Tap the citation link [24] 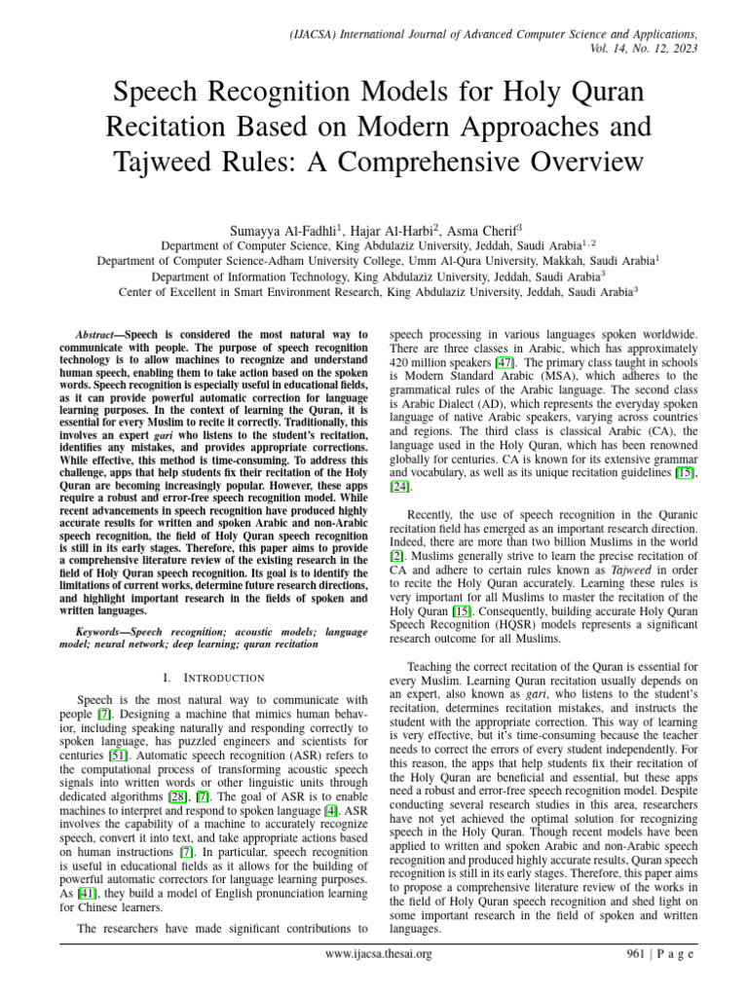pos(400,485)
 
